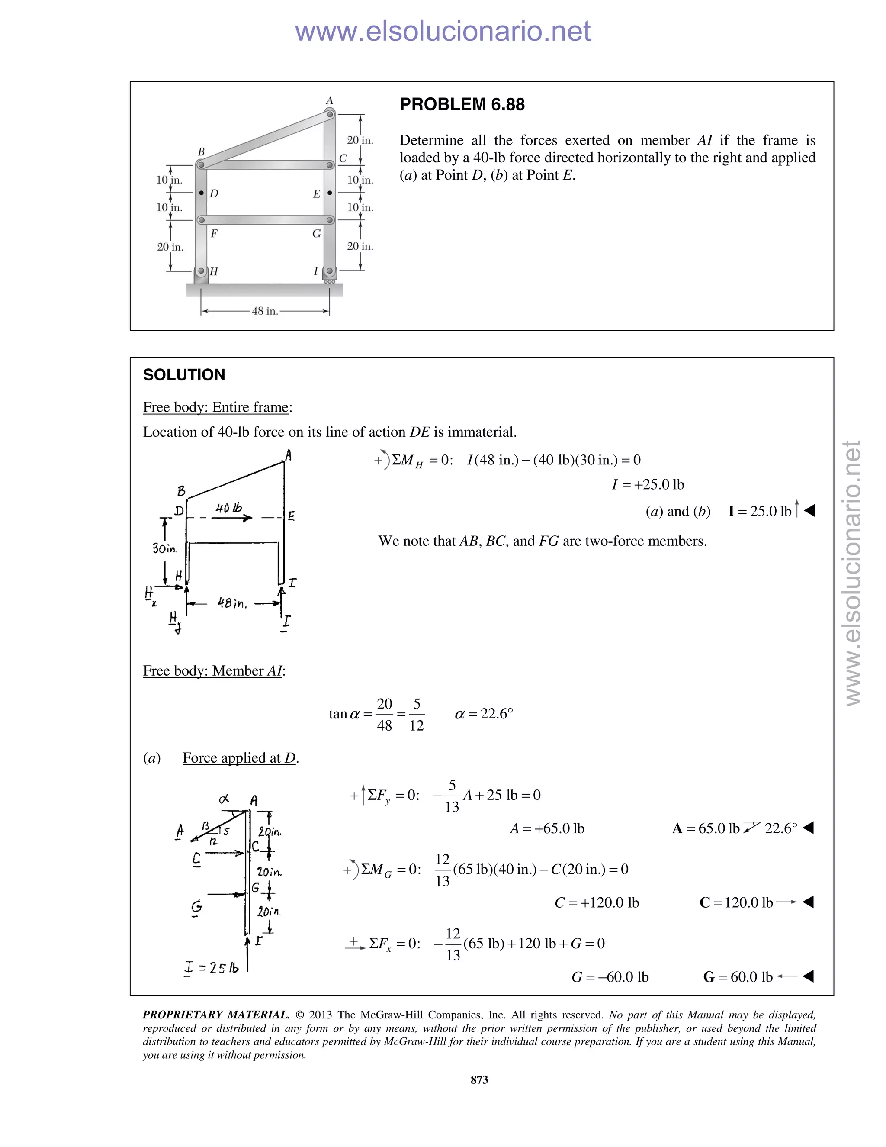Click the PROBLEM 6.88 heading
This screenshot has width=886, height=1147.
[x=462, y=104]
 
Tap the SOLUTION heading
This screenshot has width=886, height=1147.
[x=184, y=375]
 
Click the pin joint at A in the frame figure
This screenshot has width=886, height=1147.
[x=330, y=114]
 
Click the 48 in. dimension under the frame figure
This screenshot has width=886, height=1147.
[x=264, y=311]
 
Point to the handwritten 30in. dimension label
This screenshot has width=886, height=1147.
[x=164, y=548]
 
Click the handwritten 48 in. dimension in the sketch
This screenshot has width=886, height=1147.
[x=232, y=603]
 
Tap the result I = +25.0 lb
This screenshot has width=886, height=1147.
[x=648, y=484]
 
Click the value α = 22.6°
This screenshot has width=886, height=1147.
[x=483, y=714]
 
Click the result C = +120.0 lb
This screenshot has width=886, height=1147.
[x=597, y=903]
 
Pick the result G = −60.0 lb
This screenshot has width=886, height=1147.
[x=610, y=977]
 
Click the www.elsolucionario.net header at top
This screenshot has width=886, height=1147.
[x=443, y=31]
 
